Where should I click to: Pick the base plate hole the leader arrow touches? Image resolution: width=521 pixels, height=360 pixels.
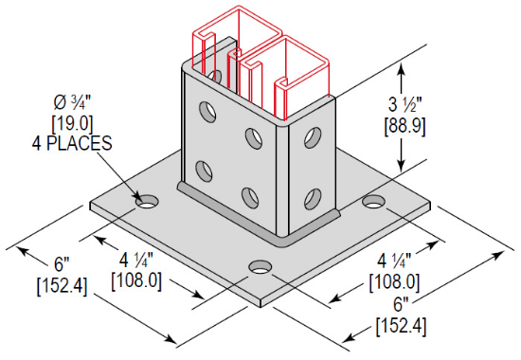point(147,202)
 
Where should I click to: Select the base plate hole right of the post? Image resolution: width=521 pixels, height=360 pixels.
point(375,202)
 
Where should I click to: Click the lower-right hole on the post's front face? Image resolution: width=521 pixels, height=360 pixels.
point(250,196)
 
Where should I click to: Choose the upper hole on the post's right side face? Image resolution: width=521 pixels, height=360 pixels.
point(308,138)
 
